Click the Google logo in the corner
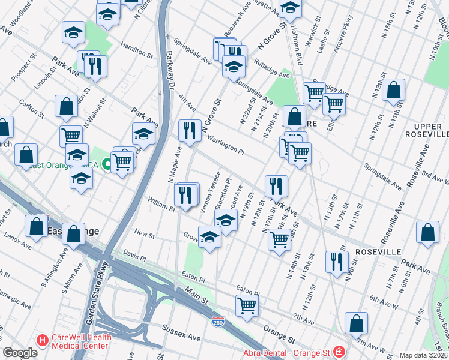pyautogui.click(x=20, y=353)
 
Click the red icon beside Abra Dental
pyautogui.click(x=339, y=352)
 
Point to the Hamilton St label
pyautogui.click(x=136, y=49)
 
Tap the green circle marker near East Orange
pyautogui.click(x=107, y=163)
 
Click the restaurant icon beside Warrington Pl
pyautogui.click(x=190, y=130)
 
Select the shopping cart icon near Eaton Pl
pyautogui.click(x=247, y=305)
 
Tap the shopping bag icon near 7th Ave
pyautogui.click(x=356, y=323)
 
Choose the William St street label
pyautogui.click(x=161, y=206)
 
